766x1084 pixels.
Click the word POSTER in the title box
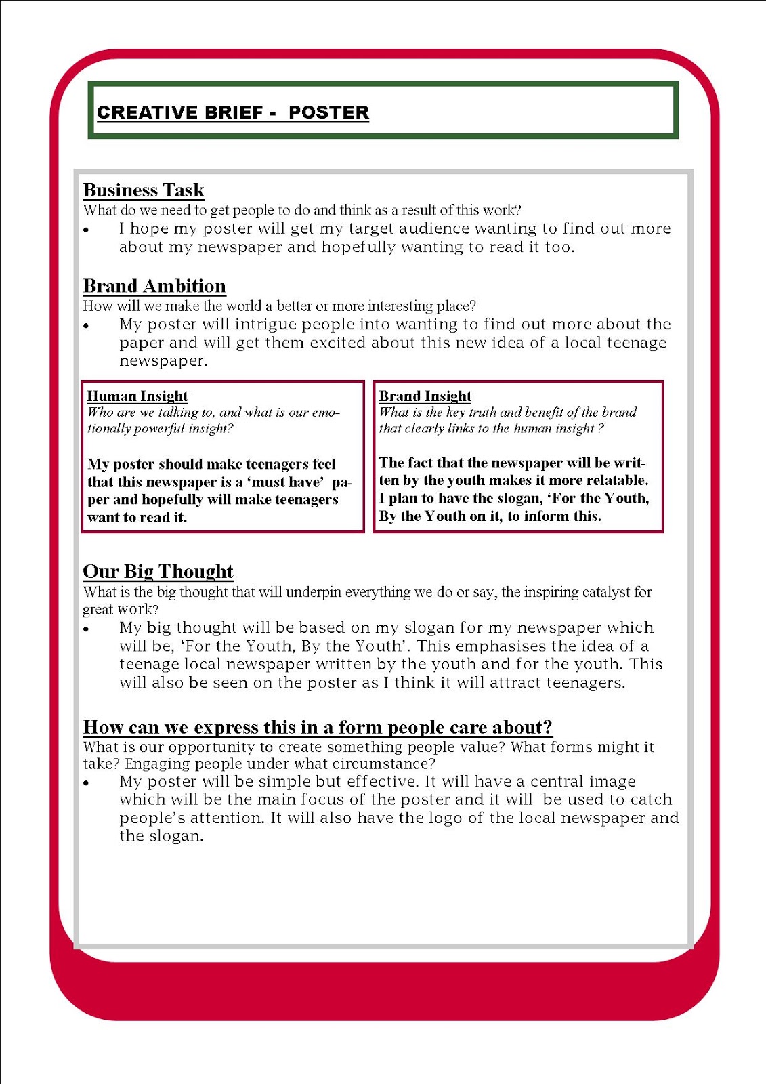328,112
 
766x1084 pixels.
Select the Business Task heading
144,190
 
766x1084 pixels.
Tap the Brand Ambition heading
154,286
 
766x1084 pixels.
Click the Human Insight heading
137,396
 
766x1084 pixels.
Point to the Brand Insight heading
425,396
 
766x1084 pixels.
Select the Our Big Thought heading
158,571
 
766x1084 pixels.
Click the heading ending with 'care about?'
318,727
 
